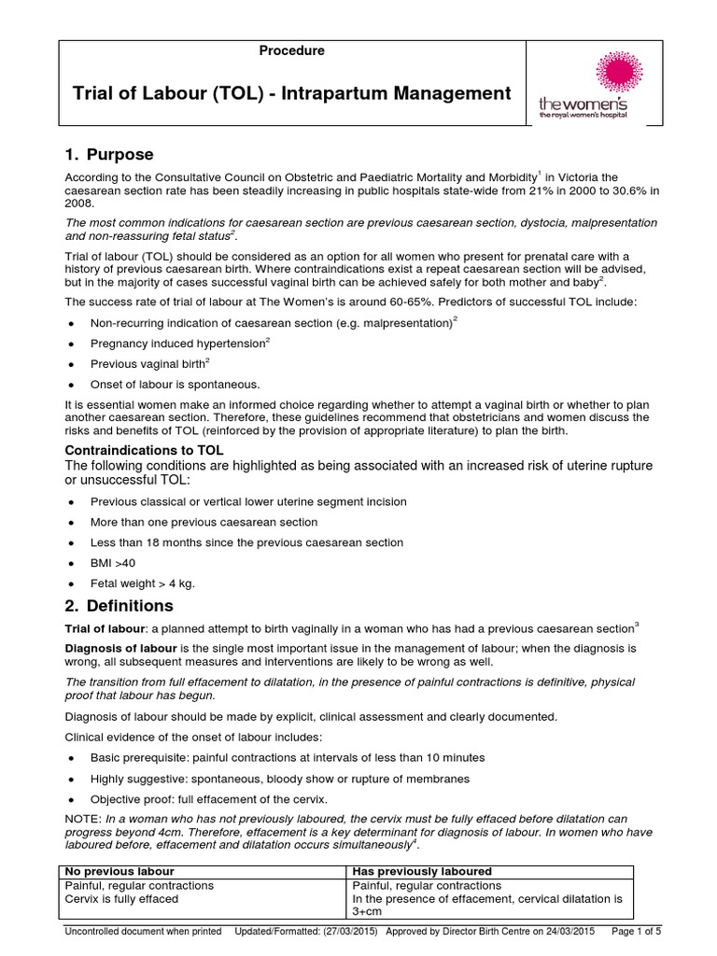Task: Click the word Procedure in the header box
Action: [x=292, y=51]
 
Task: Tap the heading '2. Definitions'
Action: [x=119, y=605]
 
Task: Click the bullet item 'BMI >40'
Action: [x=111, y=563]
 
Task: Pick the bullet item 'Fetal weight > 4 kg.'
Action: [x=142, y=583]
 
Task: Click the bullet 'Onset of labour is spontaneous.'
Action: [x=175, y=384]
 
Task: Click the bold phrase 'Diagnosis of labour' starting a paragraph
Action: [x=119, y=646]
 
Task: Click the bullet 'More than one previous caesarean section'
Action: [x=204, y=522]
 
